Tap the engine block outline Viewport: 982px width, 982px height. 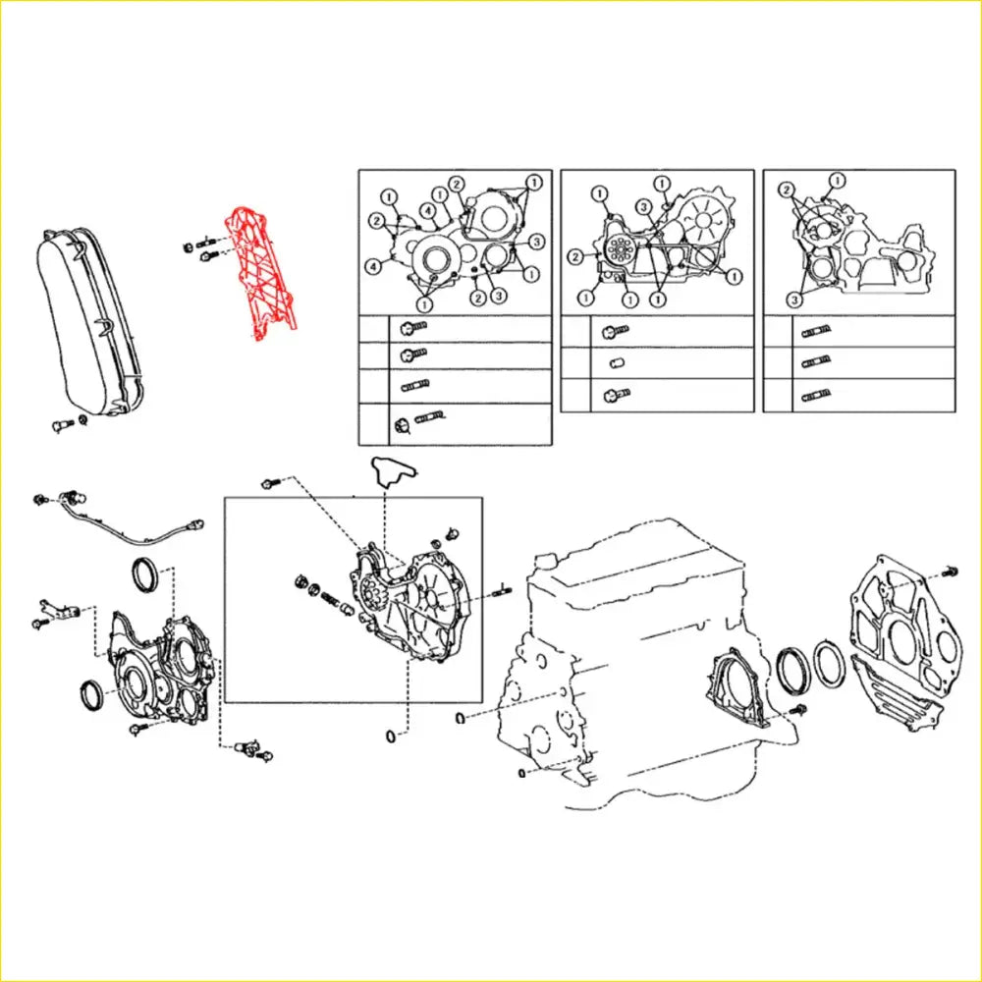[x=628, y=668]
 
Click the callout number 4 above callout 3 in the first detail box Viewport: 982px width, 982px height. [x=429, y=210]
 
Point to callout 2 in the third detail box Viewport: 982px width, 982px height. [x=786, y=189]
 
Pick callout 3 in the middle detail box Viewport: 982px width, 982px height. [x=641, y=206]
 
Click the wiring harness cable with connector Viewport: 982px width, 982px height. [x=128, y=525]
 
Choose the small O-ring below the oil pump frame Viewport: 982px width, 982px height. [x=391, y=736]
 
